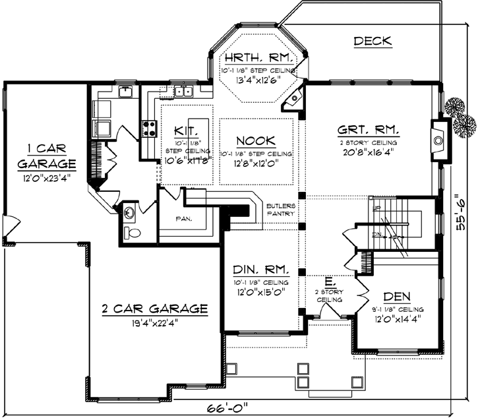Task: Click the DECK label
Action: point(373,42)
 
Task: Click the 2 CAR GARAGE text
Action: point(155,309)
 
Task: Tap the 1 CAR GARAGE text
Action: point(46,154)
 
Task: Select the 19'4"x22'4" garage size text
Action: point(155,323)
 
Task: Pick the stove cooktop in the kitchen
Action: point(149,125)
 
